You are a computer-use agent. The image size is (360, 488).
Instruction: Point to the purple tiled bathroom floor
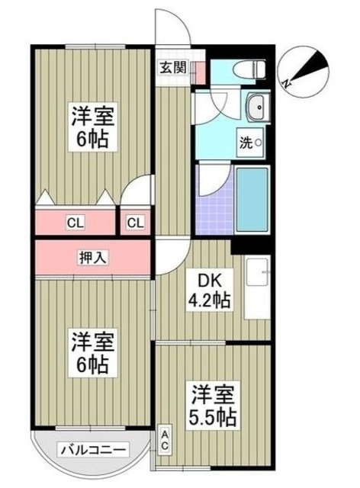(214, 200)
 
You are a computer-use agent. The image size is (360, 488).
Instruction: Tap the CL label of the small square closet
(135, 223)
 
